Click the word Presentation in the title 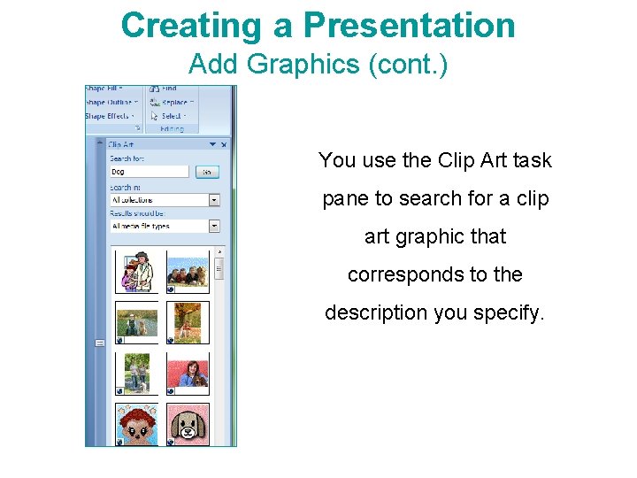pyautogui.click(x=409, y=25)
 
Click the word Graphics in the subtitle pyautogui.click(x=288, y=64)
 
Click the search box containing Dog pyautogui.click(x=149, y=172)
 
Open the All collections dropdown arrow pyautogui.click(x=214, y=201)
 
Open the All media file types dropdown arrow pyautogui.click(x=214, y=227)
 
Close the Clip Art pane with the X pyautogui.click(x=224, y=144)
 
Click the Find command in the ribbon pyautogui.click(x=168, y=89)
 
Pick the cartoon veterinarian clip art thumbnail pyautogui.click(x=137, y=272)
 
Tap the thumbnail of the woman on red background pyautogui.click(x=188, y=374)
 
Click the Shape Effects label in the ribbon pyautogui.click(x=107, y=116)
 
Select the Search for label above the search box pyautogui.click(x=127, y=158)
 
